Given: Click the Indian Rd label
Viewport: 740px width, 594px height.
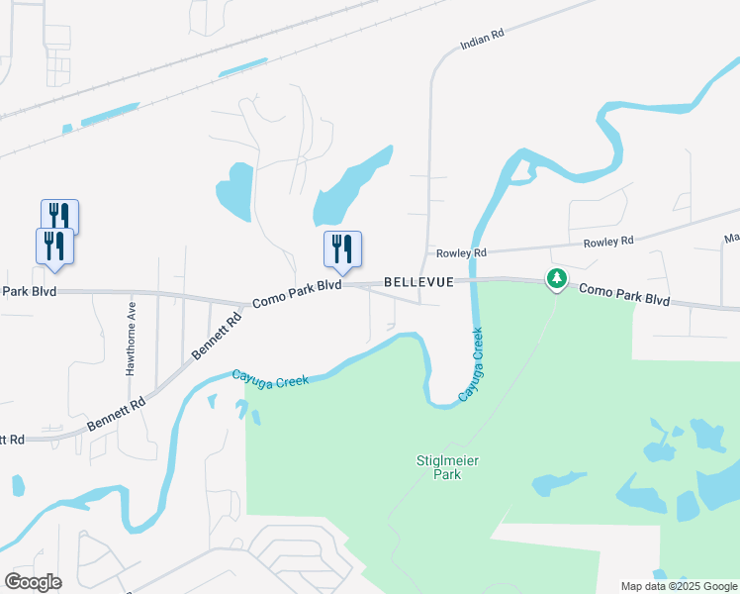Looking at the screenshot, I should (x=482, y=40).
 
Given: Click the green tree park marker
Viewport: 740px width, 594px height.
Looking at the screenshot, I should (x=557, y=279).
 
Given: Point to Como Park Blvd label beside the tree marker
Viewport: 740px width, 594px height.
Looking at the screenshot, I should (x=624, y=294).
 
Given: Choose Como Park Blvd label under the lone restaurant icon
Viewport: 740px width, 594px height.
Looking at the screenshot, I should (x=297, y=293).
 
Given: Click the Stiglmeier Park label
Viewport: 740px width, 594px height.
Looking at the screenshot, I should (x=439, y=467).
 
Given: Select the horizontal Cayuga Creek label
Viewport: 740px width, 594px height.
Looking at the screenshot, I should (x=270, y=378).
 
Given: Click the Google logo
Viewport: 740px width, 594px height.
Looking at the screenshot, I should (x=33, y=582).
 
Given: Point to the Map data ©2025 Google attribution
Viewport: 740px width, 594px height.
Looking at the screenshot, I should (x=678, y=586).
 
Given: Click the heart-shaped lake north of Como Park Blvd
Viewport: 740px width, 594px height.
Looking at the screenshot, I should (x=234, y=191).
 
